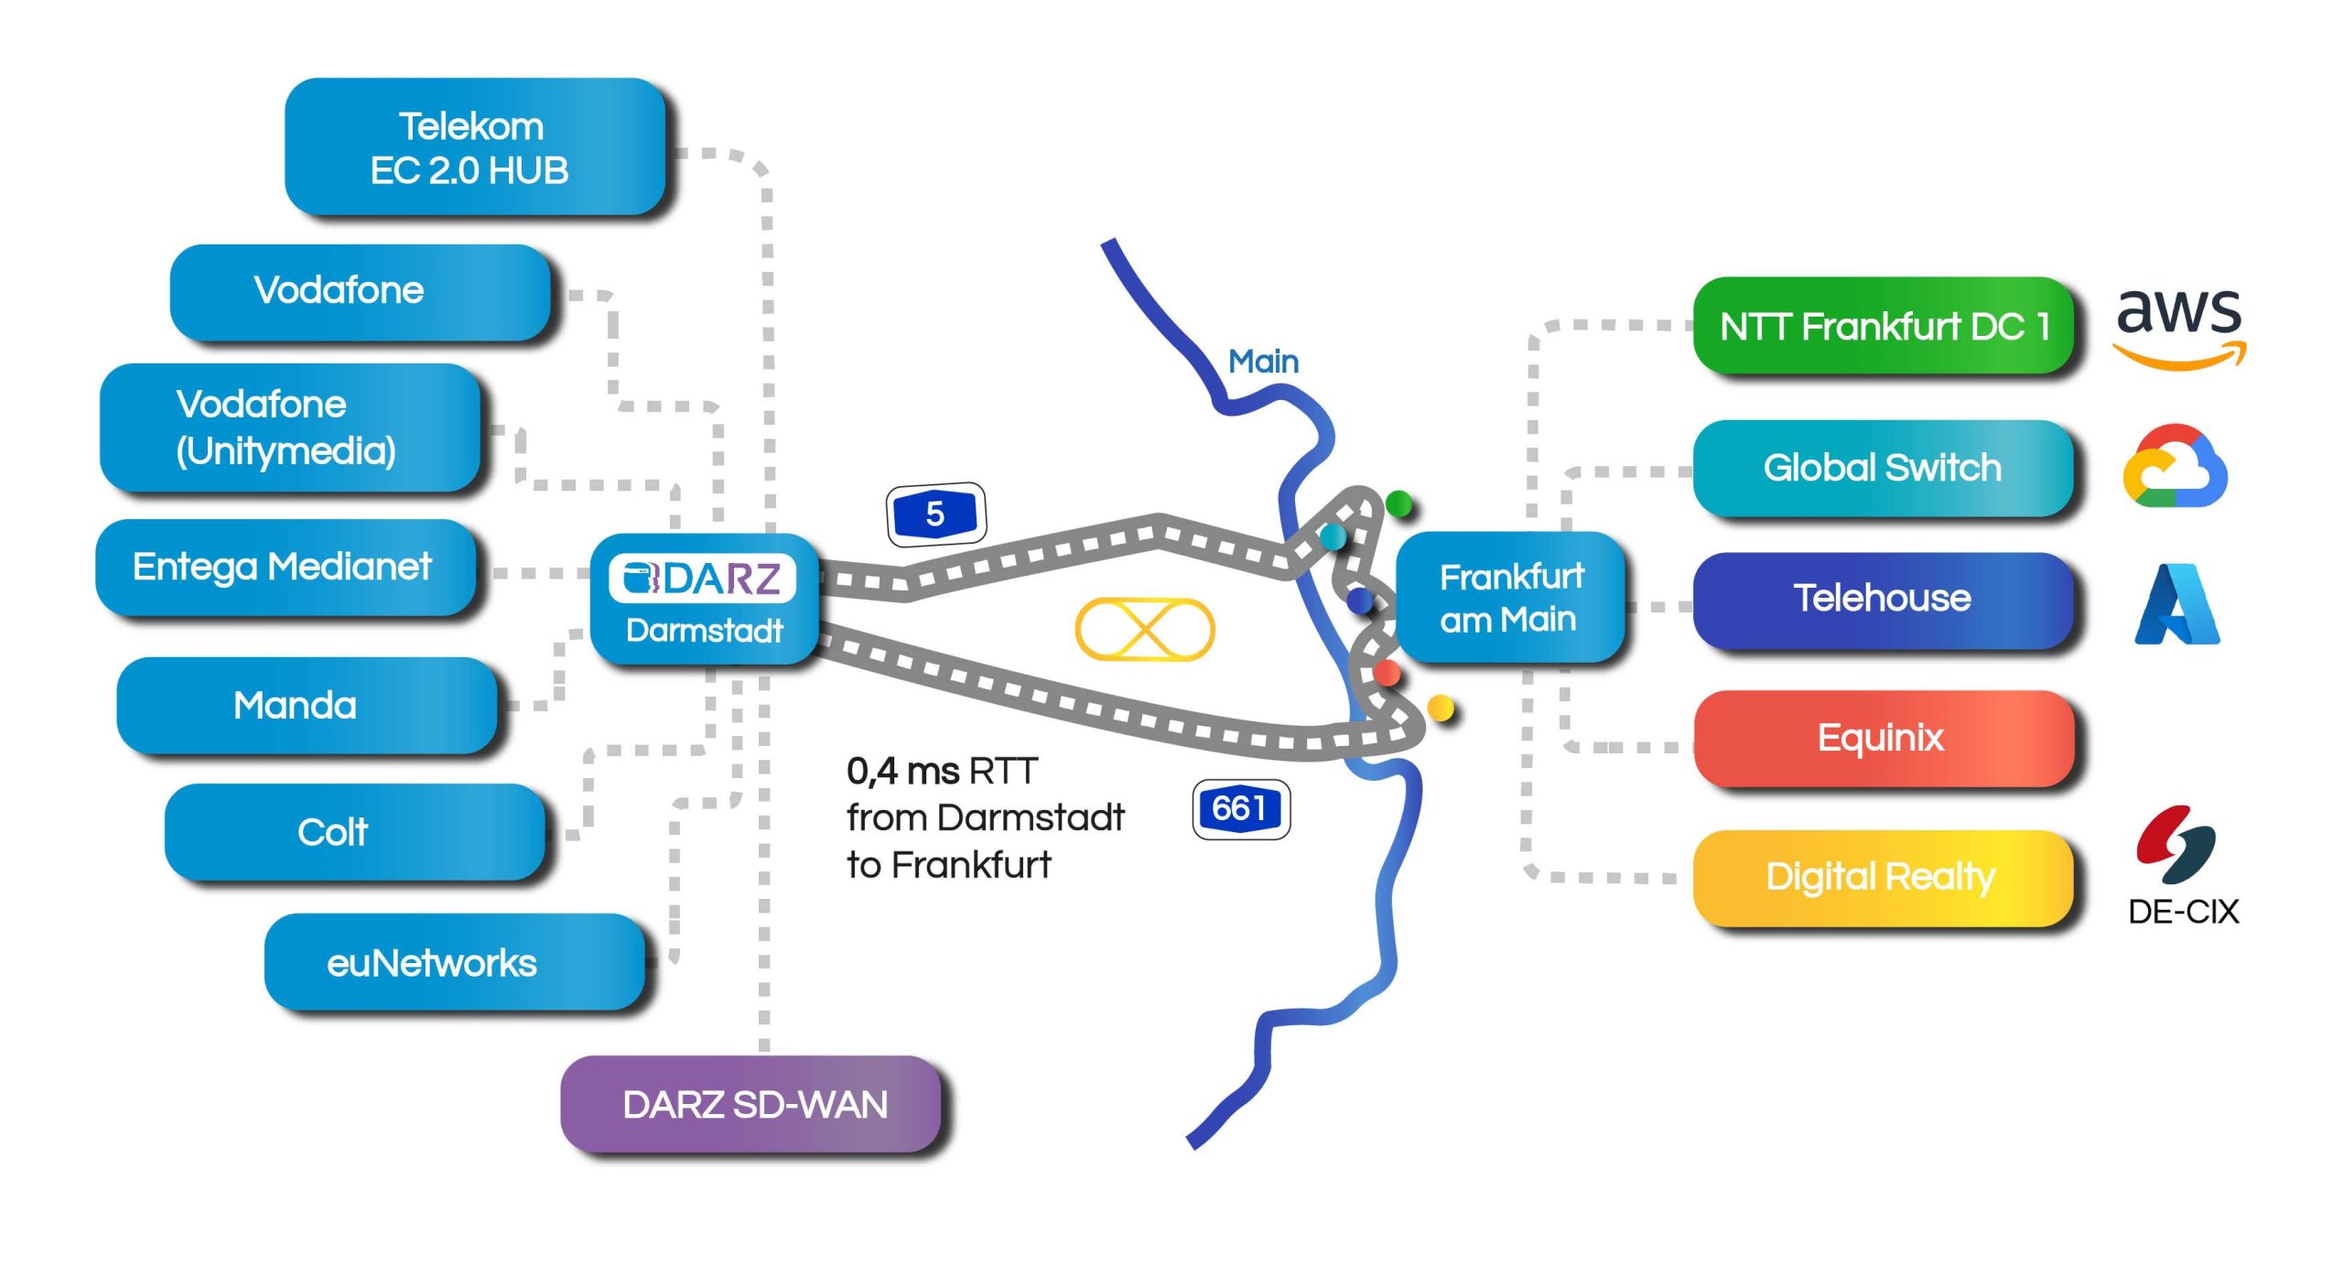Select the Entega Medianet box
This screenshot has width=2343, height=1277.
[285, 568]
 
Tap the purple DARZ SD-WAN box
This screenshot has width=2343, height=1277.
[751, 1104]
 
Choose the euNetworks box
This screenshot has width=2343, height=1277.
[454, 962]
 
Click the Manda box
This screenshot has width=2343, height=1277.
[307, 706]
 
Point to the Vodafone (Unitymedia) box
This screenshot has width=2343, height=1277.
[289, 427]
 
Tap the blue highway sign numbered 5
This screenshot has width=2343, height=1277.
[935, 514]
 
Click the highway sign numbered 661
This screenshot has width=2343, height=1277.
[1240, 809]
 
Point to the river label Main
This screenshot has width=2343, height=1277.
[1263, 362]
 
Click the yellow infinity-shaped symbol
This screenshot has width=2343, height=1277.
[1144, 630]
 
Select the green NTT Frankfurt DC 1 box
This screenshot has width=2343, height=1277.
[1883, 326]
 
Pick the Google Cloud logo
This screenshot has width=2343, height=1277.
[2175, 466]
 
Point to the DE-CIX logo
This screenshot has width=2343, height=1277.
[2182, 865]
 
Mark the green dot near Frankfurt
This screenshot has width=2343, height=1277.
[1398, 503]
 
